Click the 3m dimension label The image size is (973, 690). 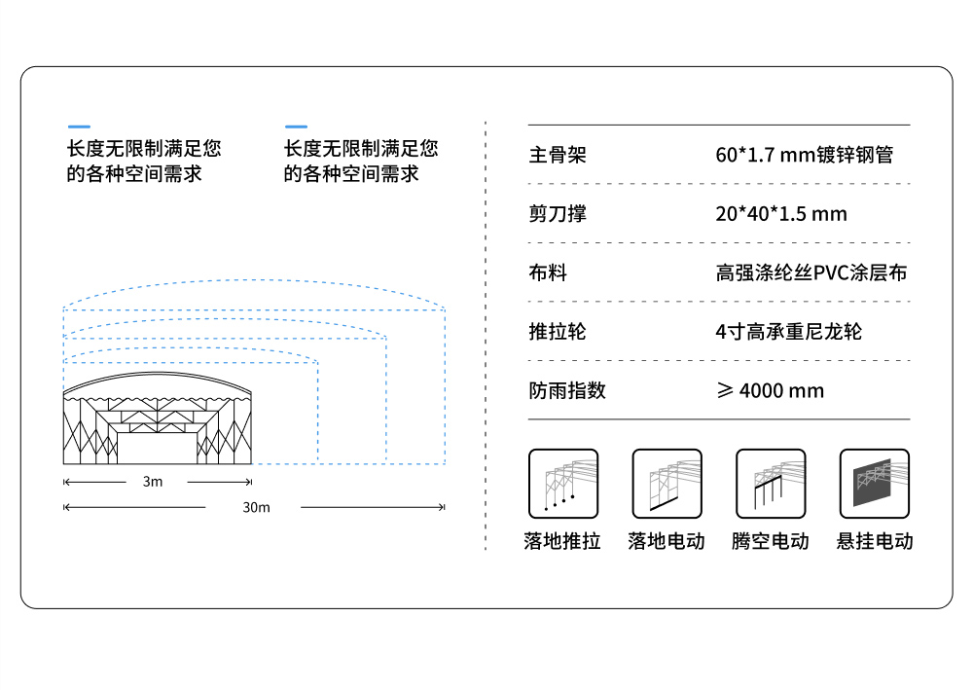153,482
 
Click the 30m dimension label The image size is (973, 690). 256,508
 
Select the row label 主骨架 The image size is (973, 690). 558,155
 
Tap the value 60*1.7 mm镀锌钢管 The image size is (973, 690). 805,155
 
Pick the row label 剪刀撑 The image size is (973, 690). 558,213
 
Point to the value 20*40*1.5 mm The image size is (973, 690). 781,214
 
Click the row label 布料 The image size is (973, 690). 548,272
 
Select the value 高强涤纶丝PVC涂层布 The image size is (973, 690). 811,272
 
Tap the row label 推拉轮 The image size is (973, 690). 558,331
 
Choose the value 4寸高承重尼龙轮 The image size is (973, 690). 789,331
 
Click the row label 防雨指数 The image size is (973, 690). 567,390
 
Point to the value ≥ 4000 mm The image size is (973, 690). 770,390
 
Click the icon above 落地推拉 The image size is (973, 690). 563,484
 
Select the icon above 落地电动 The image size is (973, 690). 667,484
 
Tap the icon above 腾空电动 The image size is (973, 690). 771,484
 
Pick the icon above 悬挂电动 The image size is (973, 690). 875,484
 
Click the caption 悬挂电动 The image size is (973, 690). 875,541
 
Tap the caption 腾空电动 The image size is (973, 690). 770,541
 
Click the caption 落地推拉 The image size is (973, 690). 562,541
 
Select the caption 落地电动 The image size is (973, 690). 666,541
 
